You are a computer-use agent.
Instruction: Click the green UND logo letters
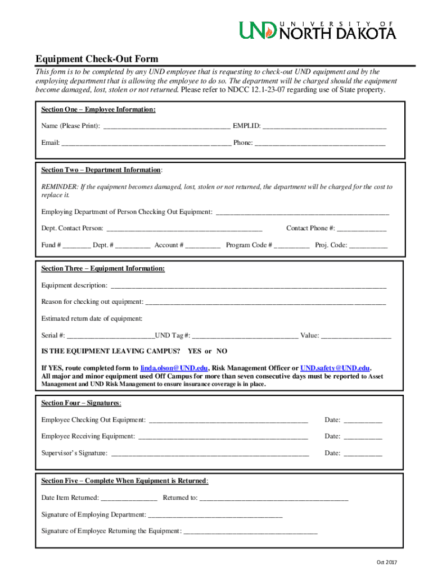(258, 30)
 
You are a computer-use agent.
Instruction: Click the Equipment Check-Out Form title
(97, 59)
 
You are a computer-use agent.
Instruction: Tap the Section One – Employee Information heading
(98, 109)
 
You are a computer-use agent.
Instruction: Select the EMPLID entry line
(324, 126)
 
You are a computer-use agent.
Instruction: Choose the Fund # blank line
(76, 246)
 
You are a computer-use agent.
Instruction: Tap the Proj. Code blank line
(368, 246)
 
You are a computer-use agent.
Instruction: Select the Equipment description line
(248, 286)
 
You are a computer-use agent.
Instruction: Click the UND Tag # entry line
(245, 336)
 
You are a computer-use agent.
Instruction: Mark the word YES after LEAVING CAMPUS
(195, 351)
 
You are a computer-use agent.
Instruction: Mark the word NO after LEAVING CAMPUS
(222, 351)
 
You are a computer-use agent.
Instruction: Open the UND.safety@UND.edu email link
(335, 368)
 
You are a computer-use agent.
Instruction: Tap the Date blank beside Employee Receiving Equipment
(363, 437)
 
